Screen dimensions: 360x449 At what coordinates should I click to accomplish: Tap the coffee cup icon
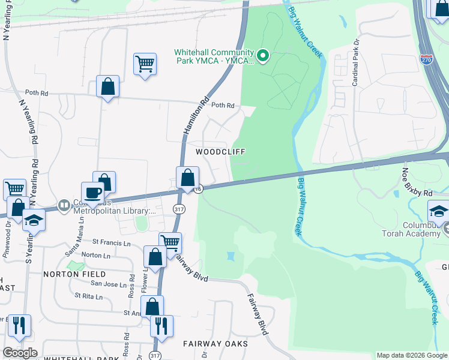point(92,192)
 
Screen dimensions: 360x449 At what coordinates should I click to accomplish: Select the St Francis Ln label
point(111,242)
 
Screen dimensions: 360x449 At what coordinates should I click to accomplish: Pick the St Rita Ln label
point(89,296)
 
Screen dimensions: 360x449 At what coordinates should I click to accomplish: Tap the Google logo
point(20,353)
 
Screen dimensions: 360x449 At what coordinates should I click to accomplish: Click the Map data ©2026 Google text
point(412,355)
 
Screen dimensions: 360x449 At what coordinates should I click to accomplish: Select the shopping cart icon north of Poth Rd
point(145,63)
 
